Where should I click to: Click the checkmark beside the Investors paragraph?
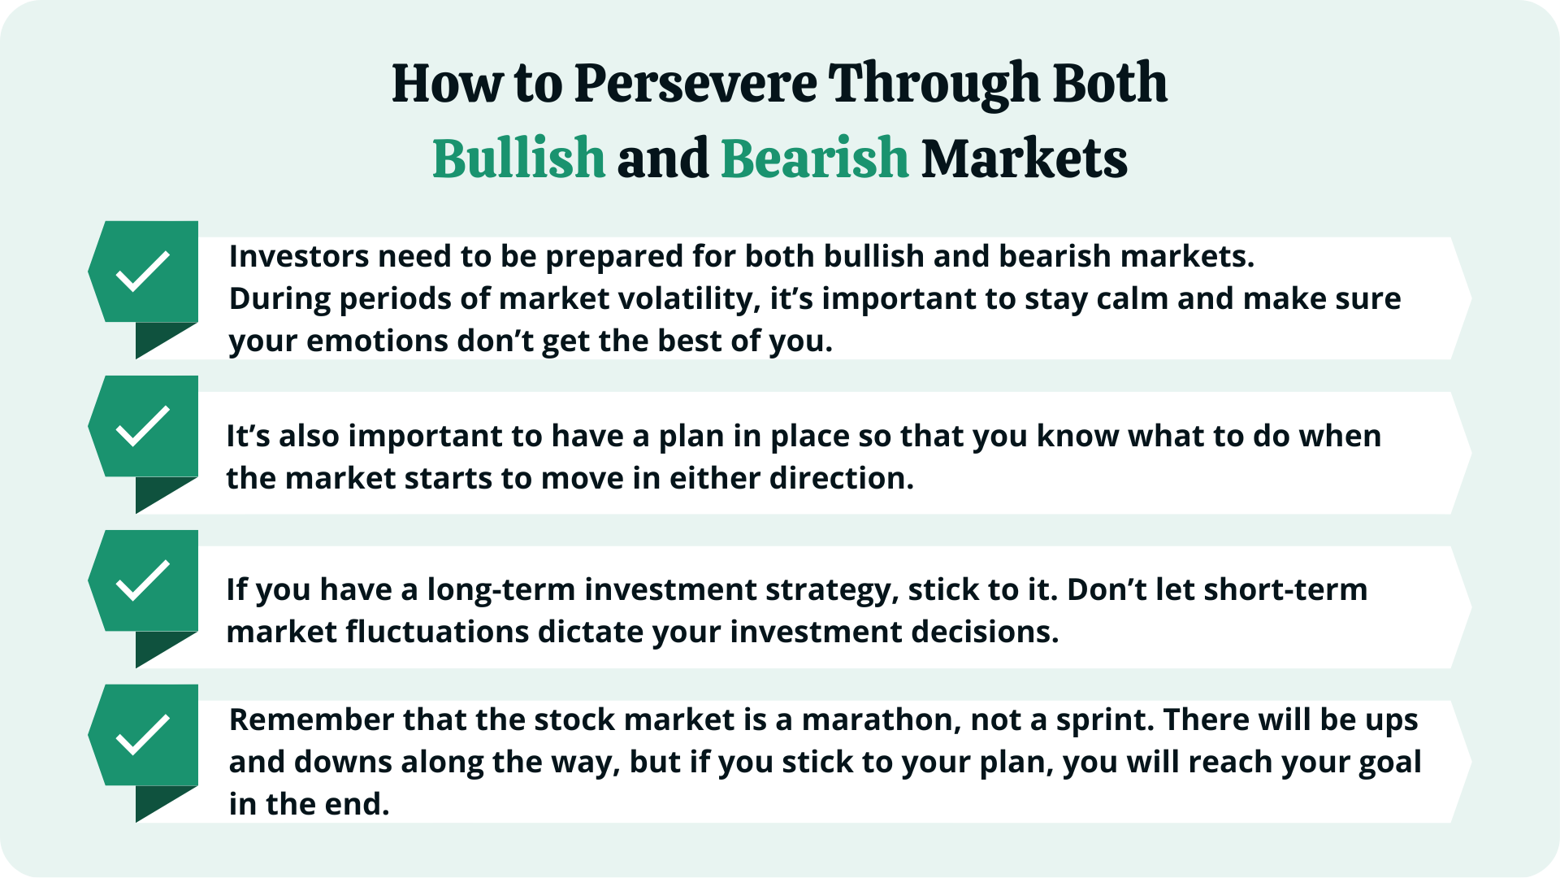[x=143, y=272]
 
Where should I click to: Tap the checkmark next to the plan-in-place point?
[x=143, y=426]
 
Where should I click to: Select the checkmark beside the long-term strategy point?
[x=143, y=580]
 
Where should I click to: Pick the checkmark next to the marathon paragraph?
[x=143, y=735]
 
